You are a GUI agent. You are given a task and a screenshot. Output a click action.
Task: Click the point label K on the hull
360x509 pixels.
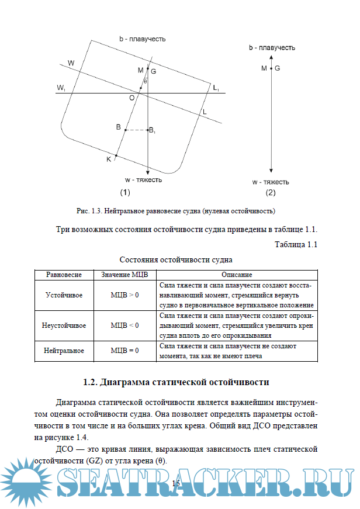point(109,159)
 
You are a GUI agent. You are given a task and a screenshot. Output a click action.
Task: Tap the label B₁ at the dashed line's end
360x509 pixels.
point(152,130)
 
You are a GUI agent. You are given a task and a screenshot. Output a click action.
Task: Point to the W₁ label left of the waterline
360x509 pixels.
point(61,88)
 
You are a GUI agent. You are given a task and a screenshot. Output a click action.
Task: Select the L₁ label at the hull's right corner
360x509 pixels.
point(216,88)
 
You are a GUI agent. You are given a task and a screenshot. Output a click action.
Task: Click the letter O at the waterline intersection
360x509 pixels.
point(132,98)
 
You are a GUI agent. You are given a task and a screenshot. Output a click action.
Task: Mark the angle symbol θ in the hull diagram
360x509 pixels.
point(146,81)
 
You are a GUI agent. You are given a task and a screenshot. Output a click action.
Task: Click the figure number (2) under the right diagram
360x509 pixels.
point(270,192)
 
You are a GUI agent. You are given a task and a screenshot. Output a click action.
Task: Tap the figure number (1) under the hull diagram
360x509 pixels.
point(124,192)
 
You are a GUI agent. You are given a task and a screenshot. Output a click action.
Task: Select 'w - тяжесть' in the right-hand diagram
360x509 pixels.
point(271,182)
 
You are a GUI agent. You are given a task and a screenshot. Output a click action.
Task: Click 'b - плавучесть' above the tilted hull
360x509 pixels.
point(143,39)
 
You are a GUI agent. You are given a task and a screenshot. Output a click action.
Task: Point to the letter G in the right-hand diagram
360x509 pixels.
point(277,68)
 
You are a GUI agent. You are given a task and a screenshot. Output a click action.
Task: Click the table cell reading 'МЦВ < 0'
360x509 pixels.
point(124,325)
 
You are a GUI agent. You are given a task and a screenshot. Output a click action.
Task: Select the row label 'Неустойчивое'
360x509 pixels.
point(64,325)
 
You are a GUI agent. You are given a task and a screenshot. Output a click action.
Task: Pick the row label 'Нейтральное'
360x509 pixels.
point(64,351)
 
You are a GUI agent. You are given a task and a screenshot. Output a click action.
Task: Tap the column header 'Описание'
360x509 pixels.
point(237,274)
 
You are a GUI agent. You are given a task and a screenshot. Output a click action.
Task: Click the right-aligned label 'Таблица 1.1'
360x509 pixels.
point(296,244)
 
